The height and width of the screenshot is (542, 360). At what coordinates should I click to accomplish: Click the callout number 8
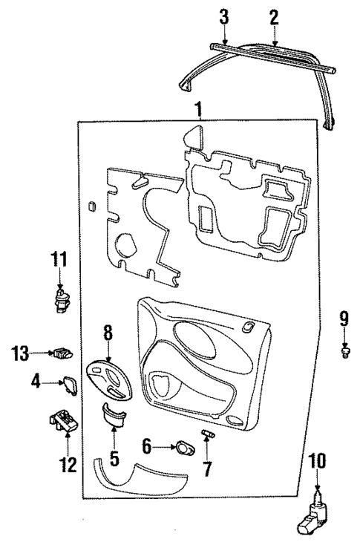108,333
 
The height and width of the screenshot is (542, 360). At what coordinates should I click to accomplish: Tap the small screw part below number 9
344,350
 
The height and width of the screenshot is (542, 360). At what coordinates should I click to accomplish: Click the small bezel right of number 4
71,385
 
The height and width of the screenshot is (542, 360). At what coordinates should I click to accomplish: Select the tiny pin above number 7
208,433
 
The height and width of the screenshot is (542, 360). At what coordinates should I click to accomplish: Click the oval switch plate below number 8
109,379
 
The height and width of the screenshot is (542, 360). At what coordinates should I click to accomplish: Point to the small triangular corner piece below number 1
194,137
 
